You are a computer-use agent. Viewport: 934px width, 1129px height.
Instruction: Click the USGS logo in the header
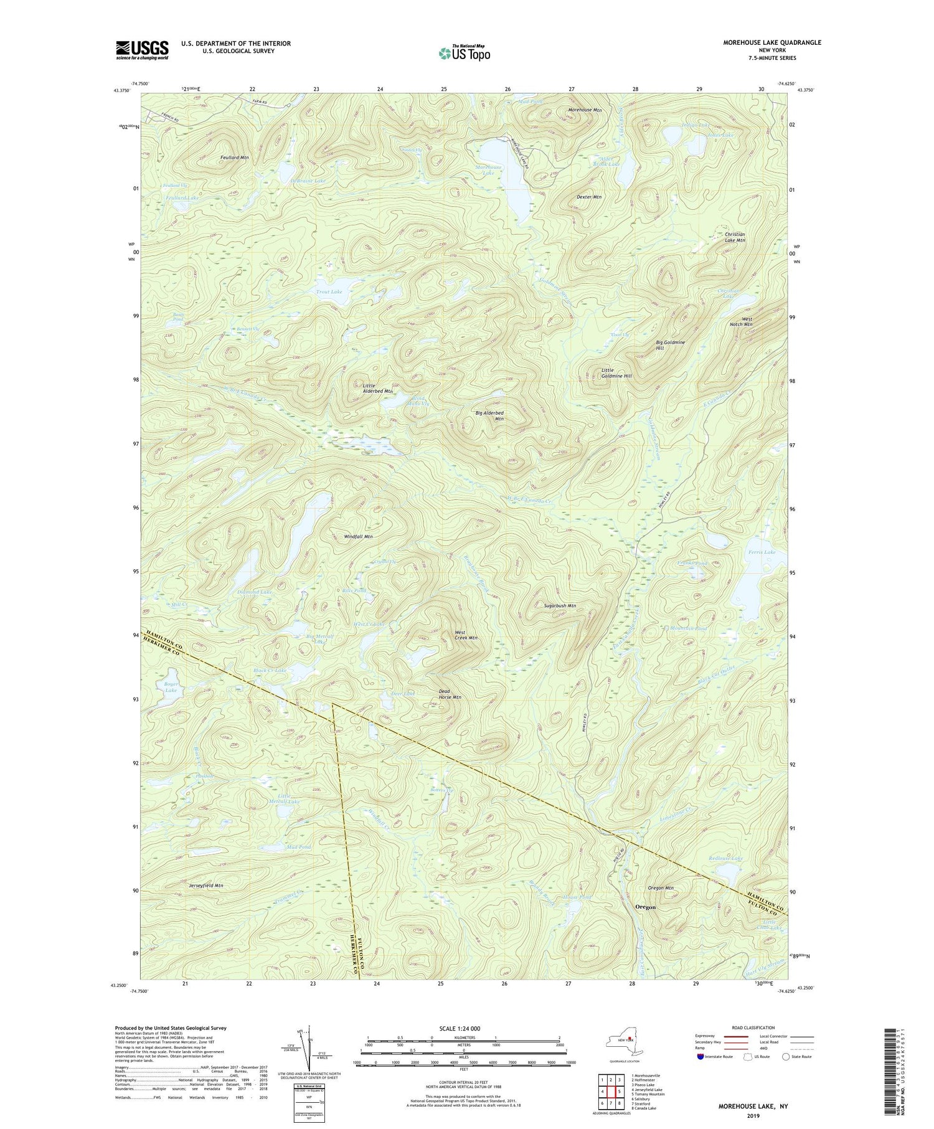[x=142, y=50]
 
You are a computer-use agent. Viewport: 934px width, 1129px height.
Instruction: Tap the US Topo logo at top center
[x=464, y=53]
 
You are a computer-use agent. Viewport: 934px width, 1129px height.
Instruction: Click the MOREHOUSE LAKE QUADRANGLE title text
[x=771, y=42]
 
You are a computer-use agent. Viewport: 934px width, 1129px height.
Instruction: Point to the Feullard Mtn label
[x=234, y=158]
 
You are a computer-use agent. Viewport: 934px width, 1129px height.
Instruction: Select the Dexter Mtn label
[x=588, y=197]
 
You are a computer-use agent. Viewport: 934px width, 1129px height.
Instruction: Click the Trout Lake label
[x=329, y=291]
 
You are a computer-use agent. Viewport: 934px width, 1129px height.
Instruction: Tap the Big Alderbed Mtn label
[x=489, y=416]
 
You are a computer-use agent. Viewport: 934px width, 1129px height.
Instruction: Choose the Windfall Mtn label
[x=358, y=536]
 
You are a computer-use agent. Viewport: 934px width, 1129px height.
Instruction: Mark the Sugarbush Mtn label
[x=560, y=605]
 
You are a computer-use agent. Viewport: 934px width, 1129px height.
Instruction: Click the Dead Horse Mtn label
[x=450, y=694]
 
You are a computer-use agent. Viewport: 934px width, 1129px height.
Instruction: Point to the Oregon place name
[x=645, y=907]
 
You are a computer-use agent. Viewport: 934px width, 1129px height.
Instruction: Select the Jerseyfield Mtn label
[x=205, y=885]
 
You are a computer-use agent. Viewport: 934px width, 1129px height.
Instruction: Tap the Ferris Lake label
[x=762, y=552]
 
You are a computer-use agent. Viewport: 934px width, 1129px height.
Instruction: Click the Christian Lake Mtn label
[x=735, y=237]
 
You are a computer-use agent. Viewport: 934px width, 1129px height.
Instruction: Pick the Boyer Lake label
[x=171, y=687]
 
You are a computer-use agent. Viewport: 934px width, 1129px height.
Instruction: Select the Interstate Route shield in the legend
[x=700, y=1057]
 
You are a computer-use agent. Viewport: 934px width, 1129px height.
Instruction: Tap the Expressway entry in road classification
[x=706, y=1036]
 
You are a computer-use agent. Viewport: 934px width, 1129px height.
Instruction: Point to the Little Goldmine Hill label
[x=616, y=373]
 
